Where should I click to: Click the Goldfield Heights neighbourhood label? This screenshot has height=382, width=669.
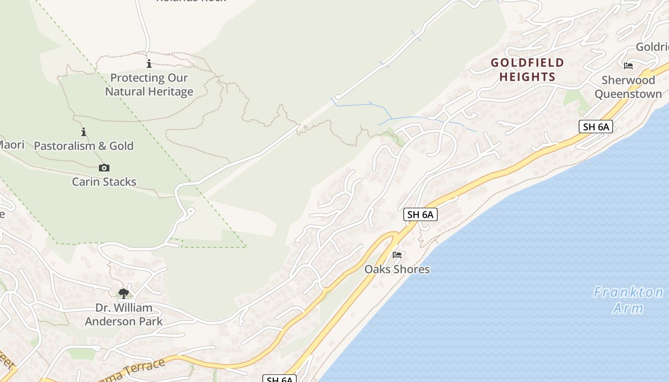click(528, 69)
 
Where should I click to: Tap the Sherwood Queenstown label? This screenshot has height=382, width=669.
click(628, 87)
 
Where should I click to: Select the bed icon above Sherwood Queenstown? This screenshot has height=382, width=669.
click(628, 66)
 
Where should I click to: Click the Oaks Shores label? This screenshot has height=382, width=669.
click(397, 269)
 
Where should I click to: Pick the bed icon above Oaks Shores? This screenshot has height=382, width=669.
click(397, 255)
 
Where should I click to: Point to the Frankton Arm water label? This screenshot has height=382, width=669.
click(628, 299)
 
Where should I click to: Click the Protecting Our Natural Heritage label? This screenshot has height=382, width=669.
click(149, 85)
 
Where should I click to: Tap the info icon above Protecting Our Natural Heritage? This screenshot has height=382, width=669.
click(149, 64)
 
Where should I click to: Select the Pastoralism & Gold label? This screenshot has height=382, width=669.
click(84, 146)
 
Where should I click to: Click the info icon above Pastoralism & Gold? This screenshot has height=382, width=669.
click(84, 132)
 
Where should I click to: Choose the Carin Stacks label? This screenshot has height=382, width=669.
click(104, 181)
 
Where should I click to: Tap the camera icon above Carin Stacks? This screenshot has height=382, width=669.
click(104, 168)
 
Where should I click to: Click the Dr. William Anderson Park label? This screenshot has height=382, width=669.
click(124, 314)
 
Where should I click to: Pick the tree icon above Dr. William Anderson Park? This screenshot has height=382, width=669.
click(124, 293)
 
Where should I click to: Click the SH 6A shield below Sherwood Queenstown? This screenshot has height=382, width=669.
click(596, 127)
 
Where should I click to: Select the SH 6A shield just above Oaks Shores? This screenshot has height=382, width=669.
click(421, 214)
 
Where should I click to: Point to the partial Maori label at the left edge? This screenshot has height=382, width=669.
click(11, 144)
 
